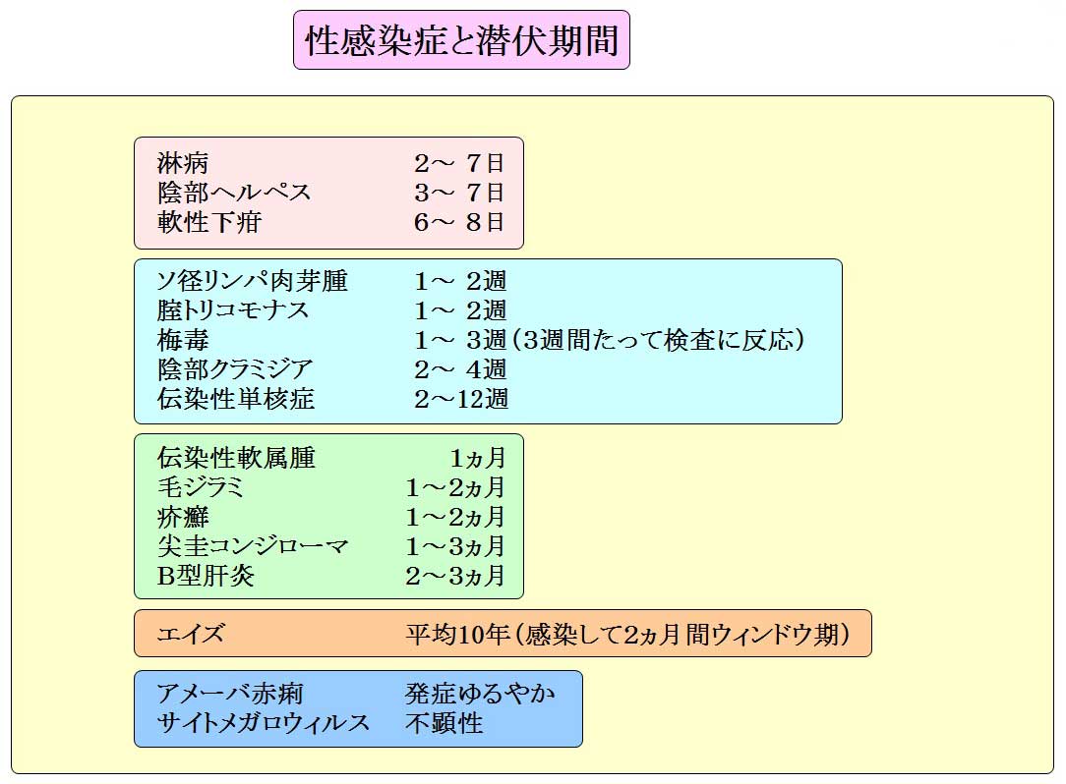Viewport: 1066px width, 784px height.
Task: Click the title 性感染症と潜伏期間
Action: pyautogui.click(x=461, y=40)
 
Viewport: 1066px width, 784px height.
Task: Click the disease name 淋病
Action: pyautogui.click(x=182, y=163)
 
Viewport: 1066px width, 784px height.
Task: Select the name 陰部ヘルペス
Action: pyautogui.click(x=234, y=193)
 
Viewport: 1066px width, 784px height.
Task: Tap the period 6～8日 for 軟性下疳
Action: pyautogui.click(x=459, y=222)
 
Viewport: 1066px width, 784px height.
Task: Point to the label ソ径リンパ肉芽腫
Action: pyautogui.click(x=252, y=281)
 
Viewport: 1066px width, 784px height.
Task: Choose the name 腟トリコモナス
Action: pyautogui.click(x=232, y=310)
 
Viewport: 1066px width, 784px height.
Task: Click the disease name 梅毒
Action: pyautogui.click(x=182, y=340)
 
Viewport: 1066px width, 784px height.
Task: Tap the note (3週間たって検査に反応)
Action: pyautogui.click(x=659, y=340)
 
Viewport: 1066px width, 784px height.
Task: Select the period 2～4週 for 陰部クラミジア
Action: pyautogui.click(x=460, y=369)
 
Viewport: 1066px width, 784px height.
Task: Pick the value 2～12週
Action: pyautogui.click(x=461, y=399)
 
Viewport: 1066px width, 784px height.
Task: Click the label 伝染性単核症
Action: pyautogui.click(x=236, y=399)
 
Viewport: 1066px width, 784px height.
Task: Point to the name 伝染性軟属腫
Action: pyautogui.click(x=236, y=457)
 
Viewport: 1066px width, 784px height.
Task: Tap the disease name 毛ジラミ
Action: pyautogui.click(x=200, y=487)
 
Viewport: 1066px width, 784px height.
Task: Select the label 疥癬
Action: pyautogui.click(x=182, y=517)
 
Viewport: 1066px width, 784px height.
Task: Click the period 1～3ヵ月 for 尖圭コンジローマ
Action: pyautogui.click(x=454, y=546)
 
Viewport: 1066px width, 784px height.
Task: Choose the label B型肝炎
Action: pyautogui.click(x=206, y=576)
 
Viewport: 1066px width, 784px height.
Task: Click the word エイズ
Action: pyautogui.click(x=190, y=634)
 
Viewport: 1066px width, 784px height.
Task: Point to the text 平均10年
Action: pyautogui.click(x=457, y=634)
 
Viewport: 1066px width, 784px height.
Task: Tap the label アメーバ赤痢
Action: pyautogui.click(x=230, y=694)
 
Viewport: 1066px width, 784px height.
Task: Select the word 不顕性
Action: pyautogui.click(x=444, y=723)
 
